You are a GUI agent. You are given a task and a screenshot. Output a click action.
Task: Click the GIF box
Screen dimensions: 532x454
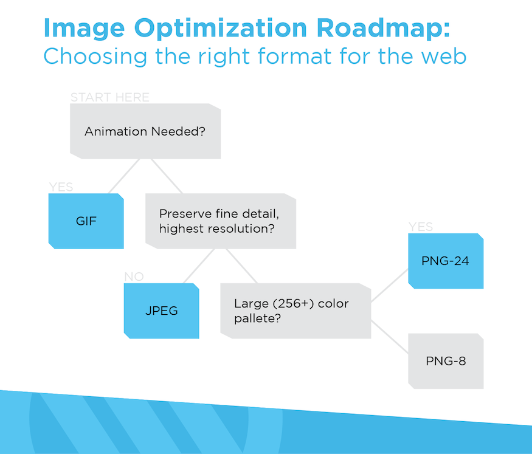(86, 221)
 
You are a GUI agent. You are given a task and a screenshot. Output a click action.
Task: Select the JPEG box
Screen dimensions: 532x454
(162, 311)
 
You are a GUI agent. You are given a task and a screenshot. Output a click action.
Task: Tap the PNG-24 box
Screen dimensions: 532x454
(446, 261)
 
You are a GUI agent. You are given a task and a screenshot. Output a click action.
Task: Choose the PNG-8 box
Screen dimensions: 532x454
(446, 361)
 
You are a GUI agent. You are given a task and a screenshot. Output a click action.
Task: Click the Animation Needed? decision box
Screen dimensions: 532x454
(145, 131)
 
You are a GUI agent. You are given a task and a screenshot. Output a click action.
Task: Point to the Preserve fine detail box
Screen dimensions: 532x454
(221, 221)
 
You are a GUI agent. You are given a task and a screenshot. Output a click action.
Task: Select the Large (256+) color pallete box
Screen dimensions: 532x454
(296, 311)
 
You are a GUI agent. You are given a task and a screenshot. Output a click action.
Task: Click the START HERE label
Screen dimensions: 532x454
(109, 97)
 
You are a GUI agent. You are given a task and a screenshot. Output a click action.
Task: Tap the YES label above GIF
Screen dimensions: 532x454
(61, 187)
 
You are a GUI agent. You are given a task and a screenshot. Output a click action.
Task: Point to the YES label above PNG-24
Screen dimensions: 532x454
(421, 227)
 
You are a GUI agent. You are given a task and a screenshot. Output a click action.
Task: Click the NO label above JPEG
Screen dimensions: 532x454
(134, 277)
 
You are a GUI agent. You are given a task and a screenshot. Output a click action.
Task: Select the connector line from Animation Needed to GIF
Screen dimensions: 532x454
(124, 176)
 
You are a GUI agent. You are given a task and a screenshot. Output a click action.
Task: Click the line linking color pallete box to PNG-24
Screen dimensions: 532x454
(390, 285)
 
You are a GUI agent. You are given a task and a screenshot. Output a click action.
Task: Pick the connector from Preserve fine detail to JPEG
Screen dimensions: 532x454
(199, 266)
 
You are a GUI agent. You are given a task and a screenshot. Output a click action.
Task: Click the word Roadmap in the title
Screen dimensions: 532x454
(383, 28)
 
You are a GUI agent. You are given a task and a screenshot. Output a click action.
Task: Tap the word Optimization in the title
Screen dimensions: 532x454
(221, 29)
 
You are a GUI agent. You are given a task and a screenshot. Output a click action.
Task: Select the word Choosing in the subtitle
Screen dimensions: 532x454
(95, 57)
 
